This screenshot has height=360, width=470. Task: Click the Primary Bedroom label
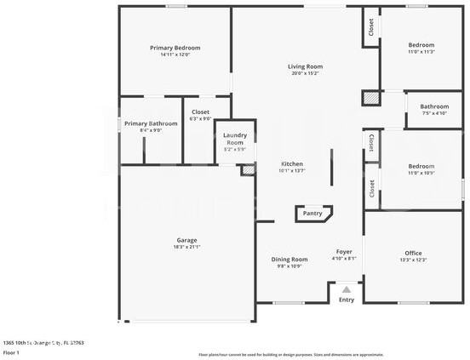175,48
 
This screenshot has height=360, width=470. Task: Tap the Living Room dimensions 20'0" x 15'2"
304,73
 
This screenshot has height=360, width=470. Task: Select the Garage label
186,240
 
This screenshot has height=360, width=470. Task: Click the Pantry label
312,214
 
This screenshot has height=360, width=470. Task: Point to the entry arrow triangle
346,290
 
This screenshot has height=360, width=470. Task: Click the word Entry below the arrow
347,300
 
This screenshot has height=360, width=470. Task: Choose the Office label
413,253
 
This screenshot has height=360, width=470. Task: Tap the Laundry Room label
235,139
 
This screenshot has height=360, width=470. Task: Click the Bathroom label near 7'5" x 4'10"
434,106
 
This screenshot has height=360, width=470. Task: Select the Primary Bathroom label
151,123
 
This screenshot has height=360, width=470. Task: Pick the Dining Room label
289,259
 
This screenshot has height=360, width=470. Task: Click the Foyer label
344,251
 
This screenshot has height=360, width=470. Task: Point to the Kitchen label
292,163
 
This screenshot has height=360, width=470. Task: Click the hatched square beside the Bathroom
370,98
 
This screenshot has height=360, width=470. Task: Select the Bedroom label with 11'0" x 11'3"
421,45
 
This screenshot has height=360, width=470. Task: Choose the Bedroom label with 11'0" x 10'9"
421,166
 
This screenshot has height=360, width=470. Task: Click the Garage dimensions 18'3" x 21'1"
186,247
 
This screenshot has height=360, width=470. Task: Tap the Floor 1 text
12,351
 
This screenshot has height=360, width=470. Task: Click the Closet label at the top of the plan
370,27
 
